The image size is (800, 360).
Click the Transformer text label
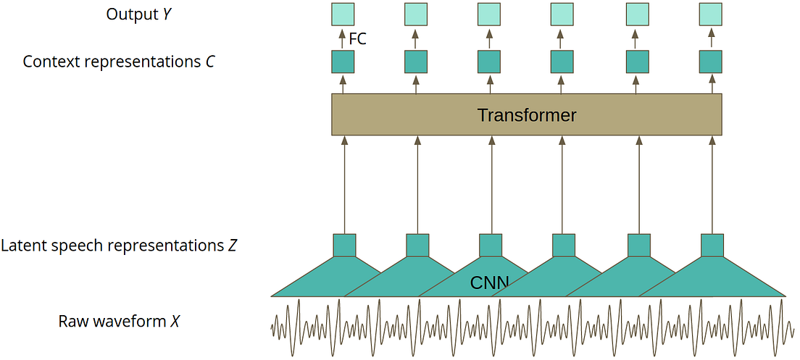(x=527, y=115)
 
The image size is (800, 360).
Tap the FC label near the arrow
(x=358, y=39)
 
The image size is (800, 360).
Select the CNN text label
(x=490, y=282)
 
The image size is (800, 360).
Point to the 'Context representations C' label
(x=119, y=62)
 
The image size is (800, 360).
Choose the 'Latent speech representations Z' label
(x=119, y=246)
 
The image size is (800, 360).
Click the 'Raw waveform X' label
(x=119, y=321)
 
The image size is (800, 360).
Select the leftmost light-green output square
(x=343, y=14)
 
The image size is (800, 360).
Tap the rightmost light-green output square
(x=710, y=14)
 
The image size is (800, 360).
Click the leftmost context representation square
(x=343, y=62)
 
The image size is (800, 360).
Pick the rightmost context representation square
(x=710, y=62)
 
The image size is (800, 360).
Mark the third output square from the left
(x=489, y=14)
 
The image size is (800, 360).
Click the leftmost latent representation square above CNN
(x=344, y=245)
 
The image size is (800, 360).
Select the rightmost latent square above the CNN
(x=712, y=245)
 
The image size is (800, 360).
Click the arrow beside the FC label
(x=343, y=38)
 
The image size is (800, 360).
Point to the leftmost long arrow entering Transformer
(x=344, y=185)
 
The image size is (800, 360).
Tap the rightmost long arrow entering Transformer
(x=711, y=185)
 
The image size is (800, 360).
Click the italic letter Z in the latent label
(x=232, y=246)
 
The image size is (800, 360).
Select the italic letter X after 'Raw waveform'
(x=175, y=321)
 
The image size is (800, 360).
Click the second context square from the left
(x=416, y=62)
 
